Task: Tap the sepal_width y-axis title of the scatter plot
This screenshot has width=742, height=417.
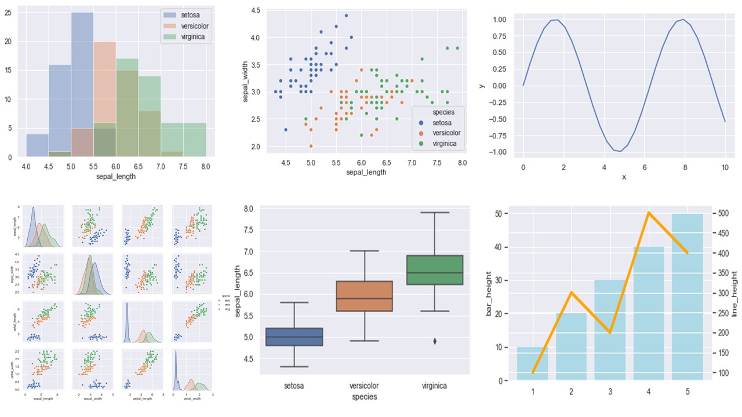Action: (x=245, y=83)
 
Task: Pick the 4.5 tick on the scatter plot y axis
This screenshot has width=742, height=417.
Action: (x=255, y=10)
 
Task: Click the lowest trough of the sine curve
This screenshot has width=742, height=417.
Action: (x=621, y=151)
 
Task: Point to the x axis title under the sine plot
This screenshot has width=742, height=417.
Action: (x=624, y=176)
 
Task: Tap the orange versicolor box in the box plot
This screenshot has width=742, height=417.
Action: (x=365, y=296)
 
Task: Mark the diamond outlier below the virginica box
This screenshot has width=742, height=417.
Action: (x=435, y=341)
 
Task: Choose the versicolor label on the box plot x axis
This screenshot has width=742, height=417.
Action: (x=365, y=385)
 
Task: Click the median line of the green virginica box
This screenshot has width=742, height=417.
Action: (x=435, y=273)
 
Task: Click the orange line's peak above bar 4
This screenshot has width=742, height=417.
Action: (x=648, y=213)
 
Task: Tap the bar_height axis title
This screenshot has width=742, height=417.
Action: (x=489, y=296)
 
